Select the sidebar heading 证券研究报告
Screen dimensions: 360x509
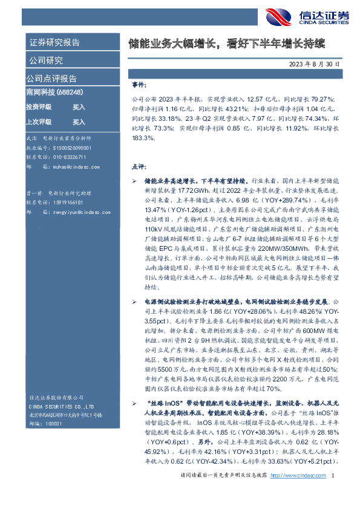coord(54,43)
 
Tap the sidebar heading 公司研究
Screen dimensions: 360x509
coord(45,60)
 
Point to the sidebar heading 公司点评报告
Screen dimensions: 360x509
coord(51,79)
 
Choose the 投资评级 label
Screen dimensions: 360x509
coord(38,107)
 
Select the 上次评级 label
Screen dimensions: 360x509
coord(38,121)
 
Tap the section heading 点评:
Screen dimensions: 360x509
coord(138,166)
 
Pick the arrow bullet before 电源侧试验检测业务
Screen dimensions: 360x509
coord(134,300)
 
